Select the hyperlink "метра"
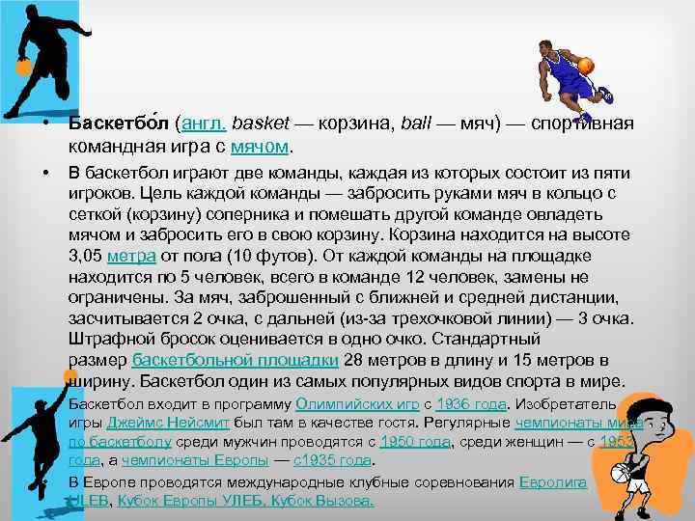[x=126, y=256]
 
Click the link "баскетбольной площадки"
[x=235, y=360]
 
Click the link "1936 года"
[x=471, y=403]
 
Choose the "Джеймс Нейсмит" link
[x=162, y=423]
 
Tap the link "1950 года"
[x=415, y=442]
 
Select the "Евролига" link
[x=552, y=480]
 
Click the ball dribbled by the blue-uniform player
[x=585, y=67]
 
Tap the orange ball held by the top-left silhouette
[x=21, y=69]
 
